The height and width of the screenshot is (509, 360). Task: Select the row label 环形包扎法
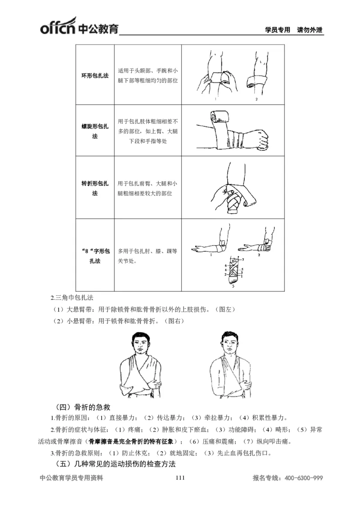(x=94, y=75)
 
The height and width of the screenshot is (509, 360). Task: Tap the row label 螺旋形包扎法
(x=94, y=131)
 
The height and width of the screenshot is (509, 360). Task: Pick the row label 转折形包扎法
(x=94, y=188)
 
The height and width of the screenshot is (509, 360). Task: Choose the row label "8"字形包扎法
(x=94, y=255)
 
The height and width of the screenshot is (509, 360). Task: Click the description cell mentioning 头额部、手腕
(x=148, y=75)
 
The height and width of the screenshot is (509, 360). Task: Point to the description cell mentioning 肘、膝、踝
(x=148, y=255)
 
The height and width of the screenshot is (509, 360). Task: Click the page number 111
(x=180, y=478)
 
